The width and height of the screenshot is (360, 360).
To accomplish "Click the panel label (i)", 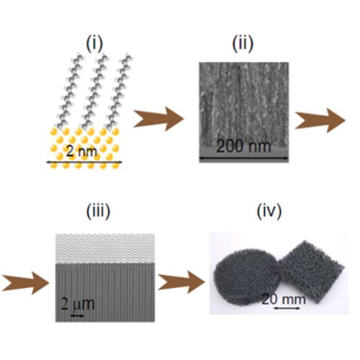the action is (x=94, y=43).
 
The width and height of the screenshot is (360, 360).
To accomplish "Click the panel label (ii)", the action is (x=243, y=43).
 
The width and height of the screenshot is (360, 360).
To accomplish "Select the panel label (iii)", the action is (x=98, y=211).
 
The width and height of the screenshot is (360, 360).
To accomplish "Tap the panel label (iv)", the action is (x=269, y=211).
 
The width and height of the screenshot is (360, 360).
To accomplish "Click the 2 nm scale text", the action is (x=81, y=151).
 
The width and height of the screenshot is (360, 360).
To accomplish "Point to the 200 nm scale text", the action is (x=243, y=146).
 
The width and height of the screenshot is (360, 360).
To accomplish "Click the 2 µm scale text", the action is (x=77, y=304).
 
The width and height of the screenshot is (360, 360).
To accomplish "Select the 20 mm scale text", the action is (x=284, y=300).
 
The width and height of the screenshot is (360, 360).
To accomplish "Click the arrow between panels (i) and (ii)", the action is (x=158, y=119).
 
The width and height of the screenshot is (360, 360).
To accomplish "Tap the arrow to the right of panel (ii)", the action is (x=320, y=120).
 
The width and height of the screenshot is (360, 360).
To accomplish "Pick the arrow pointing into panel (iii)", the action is (x=25, y=283).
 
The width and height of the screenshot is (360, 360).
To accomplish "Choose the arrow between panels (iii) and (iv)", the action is (x=181, y=282).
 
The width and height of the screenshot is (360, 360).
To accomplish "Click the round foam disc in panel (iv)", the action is (x=247, y=278).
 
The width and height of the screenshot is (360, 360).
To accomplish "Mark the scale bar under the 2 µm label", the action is (x=78, y=315).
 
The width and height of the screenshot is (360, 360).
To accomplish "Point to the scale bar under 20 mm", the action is (x=287, y=308).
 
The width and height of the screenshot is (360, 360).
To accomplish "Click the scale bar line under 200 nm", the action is (x=243, y=158).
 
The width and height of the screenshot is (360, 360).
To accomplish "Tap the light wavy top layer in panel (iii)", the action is (x=105, y=248).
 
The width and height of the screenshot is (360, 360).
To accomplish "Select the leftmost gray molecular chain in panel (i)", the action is (x=69, y=92).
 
